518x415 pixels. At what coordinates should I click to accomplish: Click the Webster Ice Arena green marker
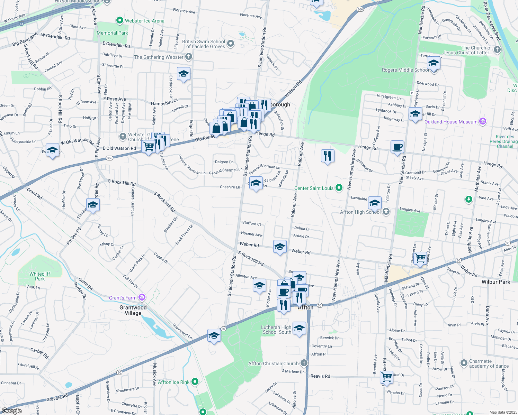click(x=120, y=21)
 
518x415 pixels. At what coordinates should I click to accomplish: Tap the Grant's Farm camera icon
click(x=142, y=297)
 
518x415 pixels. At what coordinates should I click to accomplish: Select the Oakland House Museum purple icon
click(x=483, y=121)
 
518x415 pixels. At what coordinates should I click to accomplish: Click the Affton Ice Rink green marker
click(x=195, y=382)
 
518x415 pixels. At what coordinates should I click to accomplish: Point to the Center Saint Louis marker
click(x=339, y=188)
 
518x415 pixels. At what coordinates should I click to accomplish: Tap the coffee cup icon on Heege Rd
click(x=398, y=147)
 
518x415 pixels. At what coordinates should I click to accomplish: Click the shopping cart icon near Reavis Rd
click(x=386, y=377)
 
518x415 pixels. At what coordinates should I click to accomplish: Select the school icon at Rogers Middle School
click(x=434, y=64)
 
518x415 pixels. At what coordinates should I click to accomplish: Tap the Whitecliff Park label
click(x=39, y=276)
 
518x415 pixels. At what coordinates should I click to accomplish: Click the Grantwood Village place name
click(x=133, y=310)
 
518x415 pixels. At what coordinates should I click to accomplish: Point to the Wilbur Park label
click(x=495, y=282)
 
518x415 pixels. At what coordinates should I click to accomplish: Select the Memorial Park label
click(x=112, y=33)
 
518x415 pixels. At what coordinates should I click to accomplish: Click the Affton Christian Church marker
click(x=304, y=363)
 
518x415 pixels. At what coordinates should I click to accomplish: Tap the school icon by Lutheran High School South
click(x=299, y=328)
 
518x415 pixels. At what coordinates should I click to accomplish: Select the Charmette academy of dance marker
click(x=464, y=363)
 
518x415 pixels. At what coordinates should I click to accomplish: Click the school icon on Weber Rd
click(x=280, y=247)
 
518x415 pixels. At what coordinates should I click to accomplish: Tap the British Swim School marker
click(x=231, y=44)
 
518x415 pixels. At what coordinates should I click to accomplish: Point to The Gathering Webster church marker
click(x=188, y=56)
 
